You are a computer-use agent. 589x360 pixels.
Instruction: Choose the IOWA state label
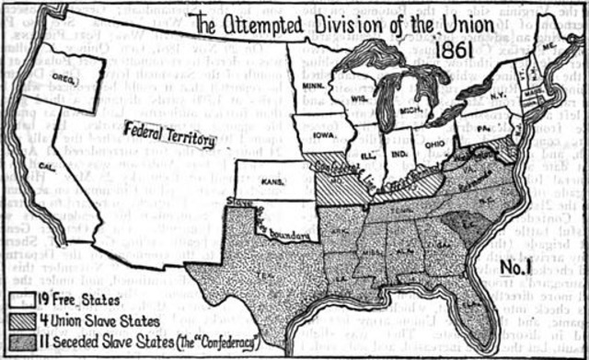pyautogui.click(x=322, y=132)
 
